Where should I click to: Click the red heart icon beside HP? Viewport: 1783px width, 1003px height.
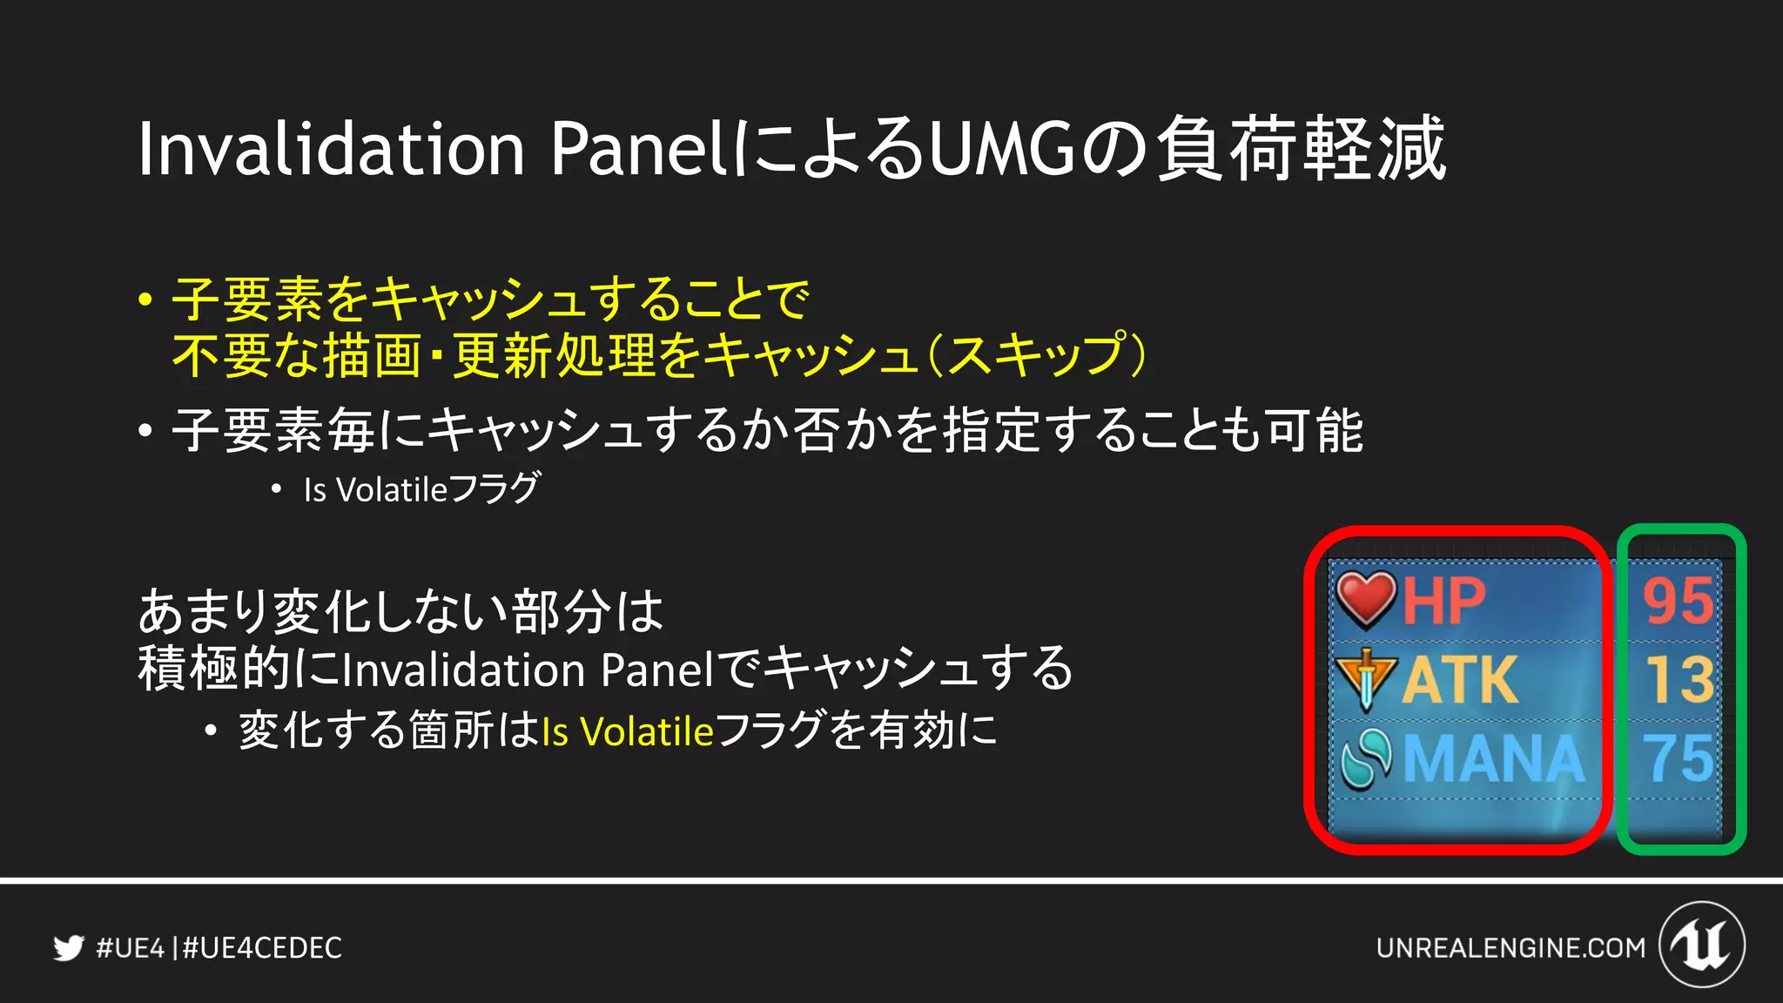point(1366,599)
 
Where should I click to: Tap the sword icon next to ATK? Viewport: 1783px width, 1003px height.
point(1366,678)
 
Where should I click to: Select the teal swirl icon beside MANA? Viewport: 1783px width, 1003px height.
point(1366,758)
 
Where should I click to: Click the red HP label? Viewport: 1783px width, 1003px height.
point(1443,601)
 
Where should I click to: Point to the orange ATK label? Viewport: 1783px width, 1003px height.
point(1460,680)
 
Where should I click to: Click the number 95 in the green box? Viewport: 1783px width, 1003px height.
point(1678,601)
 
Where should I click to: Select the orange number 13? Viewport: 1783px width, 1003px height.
point(1679,680)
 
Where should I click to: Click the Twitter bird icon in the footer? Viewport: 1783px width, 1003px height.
point(68,947)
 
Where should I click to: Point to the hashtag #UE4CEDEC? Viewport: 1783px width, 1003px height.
point(262,947)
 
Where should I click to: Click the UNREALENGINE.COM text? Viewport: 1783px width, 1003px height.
point(1511,947)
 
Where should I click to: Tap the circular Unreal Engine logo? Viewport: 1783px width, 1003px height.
point(1701,945)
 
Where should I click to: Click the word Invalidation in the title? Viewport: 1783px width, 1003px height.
point(331,150)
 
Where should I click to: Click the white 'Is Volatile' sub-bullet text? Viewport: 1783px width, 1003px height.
point(374,490)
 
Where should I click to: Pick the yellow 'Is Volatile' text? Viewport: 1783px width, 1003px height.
point(627,731)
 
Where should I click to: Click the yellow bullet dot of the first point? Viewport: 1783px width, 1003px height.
point(145,300)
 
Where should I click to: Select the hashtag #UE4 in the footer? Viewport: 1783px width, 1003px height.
point(130,947)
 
